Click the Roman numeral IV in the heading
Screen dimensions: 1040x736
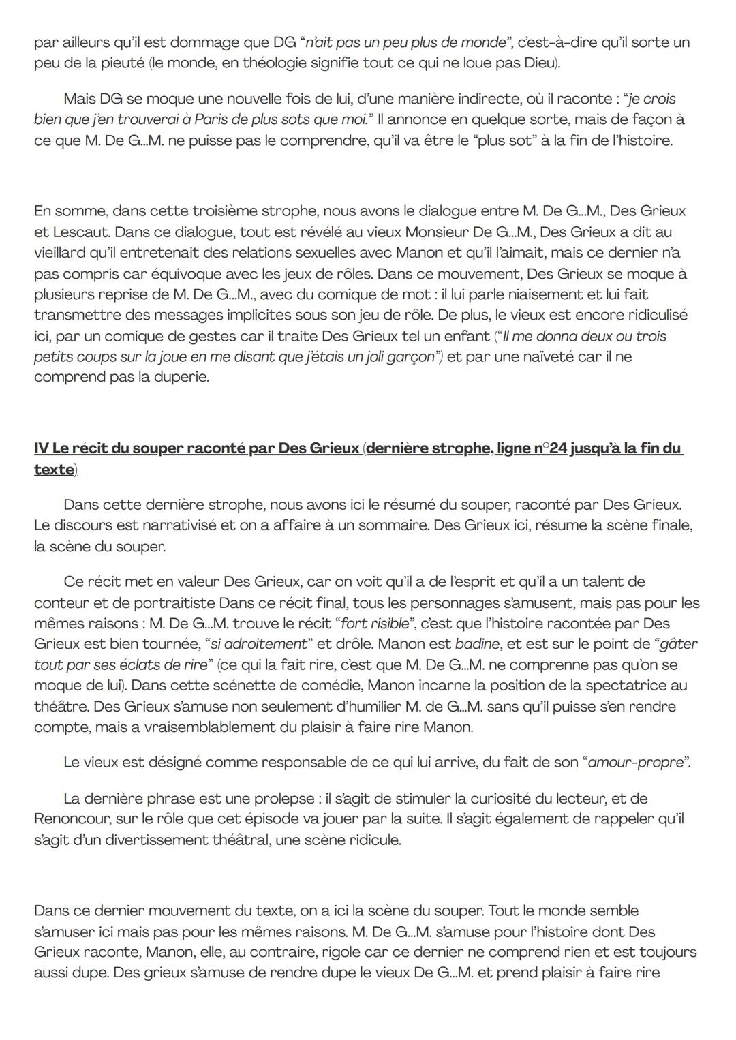tap(42, 448)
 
